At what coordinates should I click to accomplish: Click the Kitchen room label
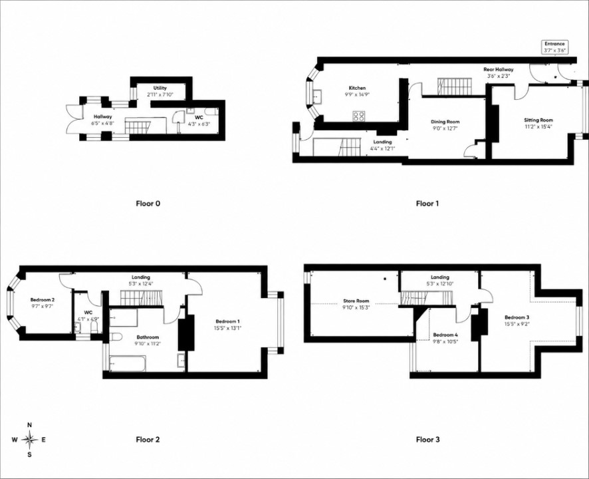point(357,88)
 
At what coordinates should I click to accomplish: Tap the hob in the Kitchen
point(358,116)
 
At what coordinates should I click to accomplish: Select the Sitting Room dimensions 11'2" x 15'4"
point(538,126)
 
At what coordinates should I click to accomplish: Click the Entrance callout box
point(554,47)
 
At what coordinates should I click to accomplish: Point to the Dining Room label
point(445,122)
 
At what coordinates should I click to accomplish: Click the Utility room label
point(160,88)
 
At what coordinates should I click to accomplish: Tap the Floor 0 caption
point(148,204)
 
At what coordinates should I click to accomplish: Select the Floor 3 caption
point(427,439)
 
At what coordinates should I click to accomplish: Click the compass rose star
point(30,439)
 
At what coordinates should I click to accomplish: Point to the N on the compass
point(30,425)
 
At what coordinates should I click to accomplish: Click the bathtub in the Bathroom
point(127,363)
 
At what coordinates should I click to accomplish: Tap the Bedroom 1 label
point(228,321)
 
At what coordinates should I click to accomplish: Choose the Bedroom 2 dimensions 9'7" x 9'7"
point(42,306)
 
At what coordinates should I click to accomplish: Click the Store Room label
point(356,301)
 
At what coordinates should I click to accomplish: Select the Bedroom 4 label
point(445,335)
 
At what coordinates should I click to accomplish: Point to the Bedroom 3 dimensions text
point(517,323)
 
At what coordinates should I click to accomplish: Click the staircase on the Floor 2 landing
point(142,299)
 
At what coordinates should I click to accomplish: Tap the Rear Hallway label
point(498,70)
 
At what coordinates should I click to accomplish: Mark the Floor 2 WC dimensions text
point(88,319)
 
